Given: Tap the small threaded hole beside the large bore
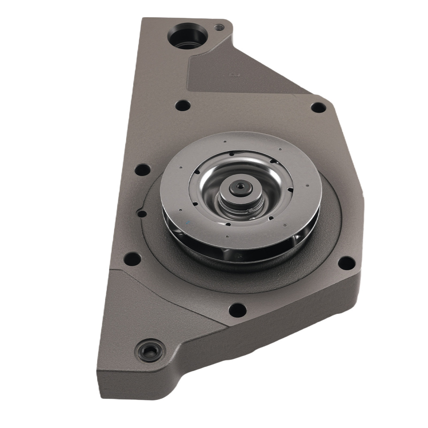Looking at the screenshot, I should [219, 27].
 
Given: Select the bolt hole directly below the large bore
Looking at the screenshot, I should [183, 105].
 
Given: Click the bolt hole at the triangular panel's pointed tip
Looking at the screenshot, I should [318, 107].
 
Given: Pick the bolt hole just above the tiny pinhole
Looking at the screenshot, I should [143, 170].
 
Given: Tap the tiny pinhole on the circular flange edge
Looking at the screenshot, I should [141, 213].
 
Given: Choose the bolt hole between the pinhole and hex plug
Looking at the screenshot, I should [132, 259].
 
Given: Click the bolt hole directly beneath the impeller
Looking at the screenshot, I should [237, 309].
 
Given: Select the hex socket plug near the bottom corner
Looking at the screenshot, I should [150, 351].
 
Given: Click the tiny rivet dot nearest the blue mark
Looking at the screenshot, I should [181, 210].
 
